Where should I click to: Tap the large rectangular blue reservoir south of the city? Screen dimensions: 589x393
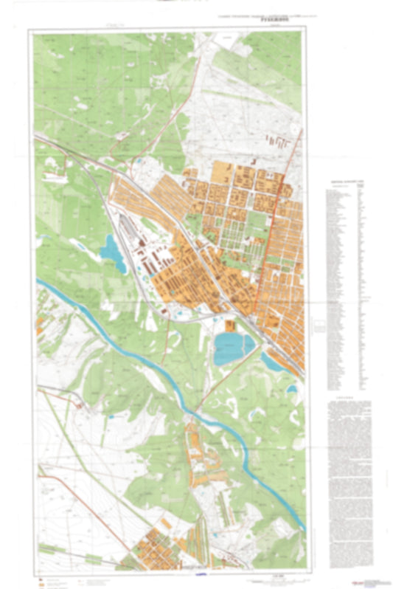(x=233, y=347)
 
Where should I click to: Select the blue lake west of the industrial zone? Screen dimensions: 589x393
(x=114, y=252)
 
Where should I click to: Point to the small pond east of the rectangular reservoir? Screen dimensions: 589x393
(x=272, y=362)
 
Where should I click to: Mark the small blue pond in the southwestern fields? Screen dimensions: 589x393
(x=111, y=418)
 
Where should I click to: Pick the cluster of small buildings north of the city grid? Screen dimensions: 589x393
(x=280, y=140)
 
